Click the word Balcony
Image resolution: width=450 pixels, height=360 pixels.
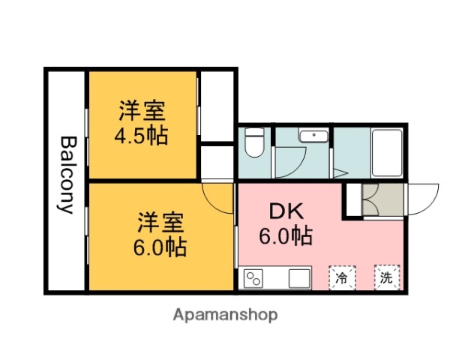click(x=67, y=175)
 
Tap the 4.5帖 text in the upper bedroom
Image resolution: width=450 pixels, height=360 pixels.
click(x=141, y=137)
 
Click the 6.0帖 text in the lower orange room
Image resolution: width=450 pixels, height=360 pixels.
click(x=160, y=245)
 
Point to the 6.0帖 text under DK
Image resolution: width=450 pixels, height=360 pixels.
click(x=286, y=237)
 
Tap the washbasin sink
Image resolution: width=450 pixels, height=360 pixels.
click(x=311, y=136)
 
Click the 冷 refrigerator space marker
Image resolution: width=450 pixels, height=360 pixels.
click(x=342, y=279)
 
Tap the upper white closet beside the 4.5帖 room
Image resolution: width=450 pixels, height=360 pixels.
click(x=217, y=105)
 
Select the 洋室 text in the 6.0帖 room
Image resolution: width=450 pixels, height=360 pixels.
click(x=160, y=222)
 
